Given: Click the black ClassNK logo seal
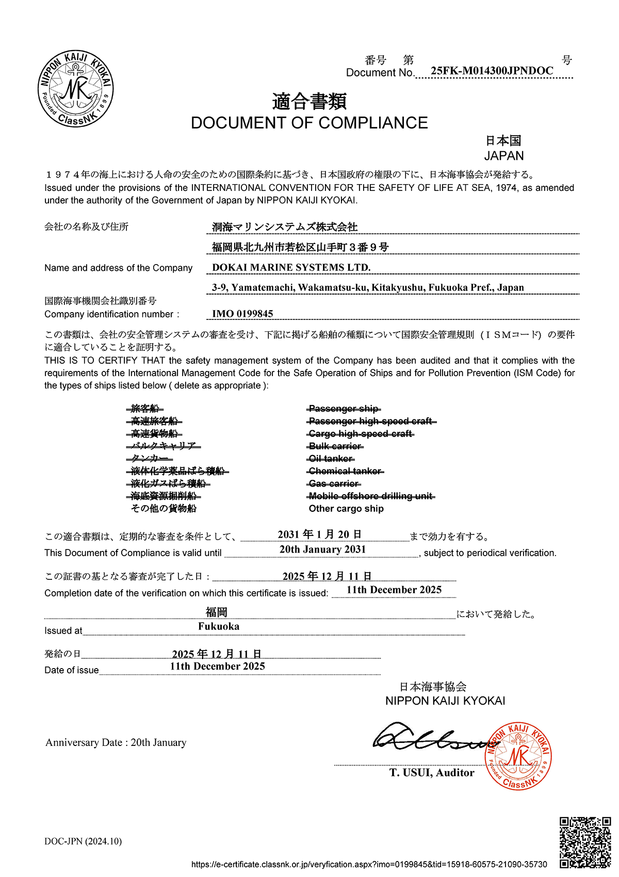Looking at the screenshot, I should point(75,89).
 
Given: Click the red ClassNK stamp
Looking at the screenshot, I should point(518,756).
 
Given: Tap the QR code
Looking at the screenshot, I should point(585,842).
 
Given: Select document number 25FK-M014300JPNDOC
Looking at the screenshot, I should point(492,71).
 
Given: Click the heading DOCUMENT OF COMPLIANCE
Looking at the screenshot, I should point(309,123).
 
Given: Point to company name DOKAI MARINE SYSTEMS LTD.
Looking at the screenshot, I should point(291,267).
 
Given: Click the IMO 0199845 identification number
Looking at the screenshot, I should point(242,314).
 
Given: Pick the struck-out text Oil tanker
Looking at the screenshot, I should point(331,459).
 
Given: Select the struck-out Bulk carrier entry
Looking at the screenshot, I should point(335,446).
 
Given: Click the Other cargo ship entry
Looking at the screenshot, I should point(346,509).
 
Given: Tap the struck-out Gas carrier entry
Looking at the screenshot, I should point(334,483).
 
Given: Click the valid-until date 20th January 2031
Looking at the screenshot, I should point(322,549).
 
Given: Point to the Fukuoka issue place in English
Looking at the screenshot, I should point(219,626).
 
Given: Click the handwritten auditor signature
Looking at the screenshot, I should point(428,738).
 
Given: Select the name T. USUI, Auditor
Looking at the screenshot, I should point(432,772).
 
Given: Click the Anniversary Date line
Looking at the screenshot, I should point(116,742).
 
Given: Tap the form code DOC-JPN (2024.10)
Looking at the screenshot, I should point(83,841).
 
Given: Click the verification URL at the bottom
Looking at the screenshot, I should point(369,864).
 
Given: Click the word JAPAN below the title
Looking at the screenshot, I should point(503,156).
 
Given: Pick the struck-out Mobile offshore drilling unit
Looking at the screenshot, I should point(371,496).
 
